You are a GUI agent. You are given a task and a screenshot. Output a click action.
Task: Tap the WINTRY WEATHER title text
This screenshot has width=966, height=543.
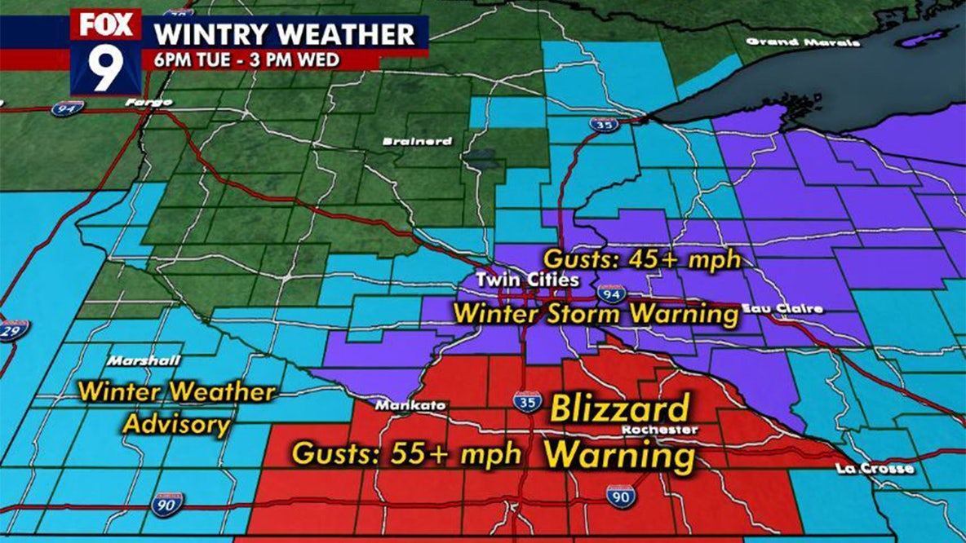(x=285, y=35)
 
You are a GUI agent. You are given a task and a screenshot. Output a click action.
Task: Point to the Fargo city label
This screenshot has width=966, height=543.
(x=148, y=103)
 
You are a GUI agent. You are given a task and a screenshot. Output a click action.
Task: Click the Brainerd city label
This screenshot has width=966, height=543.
(x=418, y=142)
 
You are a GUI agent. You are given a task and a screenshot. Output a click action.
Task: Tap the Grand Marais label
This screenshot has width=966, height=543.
(x=803, y=42)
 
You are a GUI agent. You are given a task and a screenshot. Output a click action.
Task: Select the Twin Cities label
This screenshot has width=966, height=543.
(x=528, y=280)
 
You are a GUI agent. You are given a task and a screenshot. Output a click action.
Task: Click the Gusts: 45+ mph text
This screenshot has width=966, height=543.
(x=642, y=260)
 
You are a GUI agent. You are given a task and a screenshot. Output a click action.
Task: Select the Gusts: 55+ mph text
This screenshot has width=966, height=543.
(x=406, y=454)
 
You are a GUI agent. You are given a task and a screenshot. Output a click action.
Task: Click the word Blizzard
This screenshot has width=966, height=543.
(x=620, y=408)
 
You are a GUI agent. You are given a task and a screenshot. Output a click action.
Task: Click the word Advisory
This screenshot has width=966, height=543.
(x=177, y=424)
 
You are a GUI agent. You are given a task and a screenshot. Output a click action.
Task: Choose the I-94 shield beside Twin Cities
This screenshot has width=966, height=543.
(x=610, y=293)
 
